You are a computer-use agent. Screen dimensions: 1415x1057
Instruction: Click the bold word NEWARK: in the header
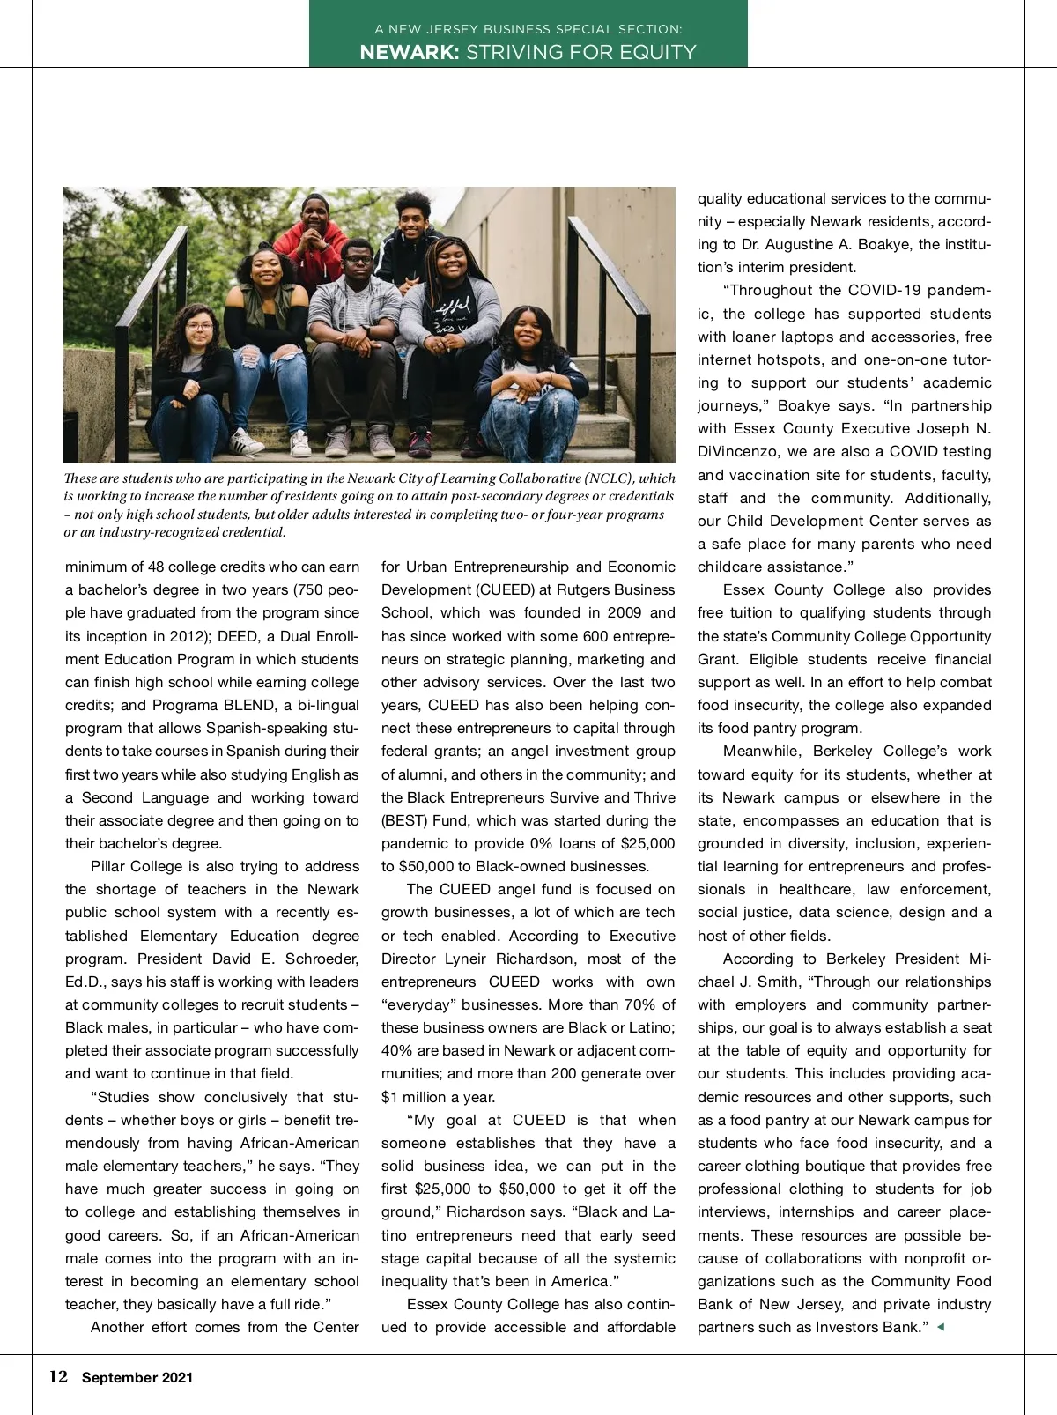pyautogui.click(x=409, y=52)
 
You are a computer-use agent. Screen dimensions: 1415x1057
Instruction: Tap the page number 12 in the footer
pyautogui.click(x=58, y=1377)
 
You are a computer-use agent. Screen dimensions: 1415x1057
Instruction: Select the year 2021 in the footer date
pyautogui.click(x=176, y=1378)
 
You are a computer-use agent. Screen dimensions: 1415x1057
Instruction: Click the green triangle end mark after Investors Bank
pyautogui.click(x=940, y=1327)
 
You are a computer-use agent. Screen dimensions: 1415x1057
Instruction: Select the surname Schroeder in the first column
pyautogui.click(x=318, y=959)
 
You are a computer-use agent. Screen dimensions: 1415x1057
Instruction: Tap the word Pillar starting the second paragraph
pyautogui.click(x=108, y=866)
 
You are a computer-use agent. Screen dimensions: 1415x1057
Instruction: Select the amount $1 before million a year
pyautogui.click(x=390, y=1097)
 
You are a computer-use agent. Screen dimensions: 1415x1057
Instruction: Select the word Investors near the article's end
pyautogui.click(x=847, y=1327)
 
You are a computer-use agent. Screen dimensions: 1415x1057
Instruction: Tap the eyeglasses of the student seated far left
pyautogui.click(x=199, y=328)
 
